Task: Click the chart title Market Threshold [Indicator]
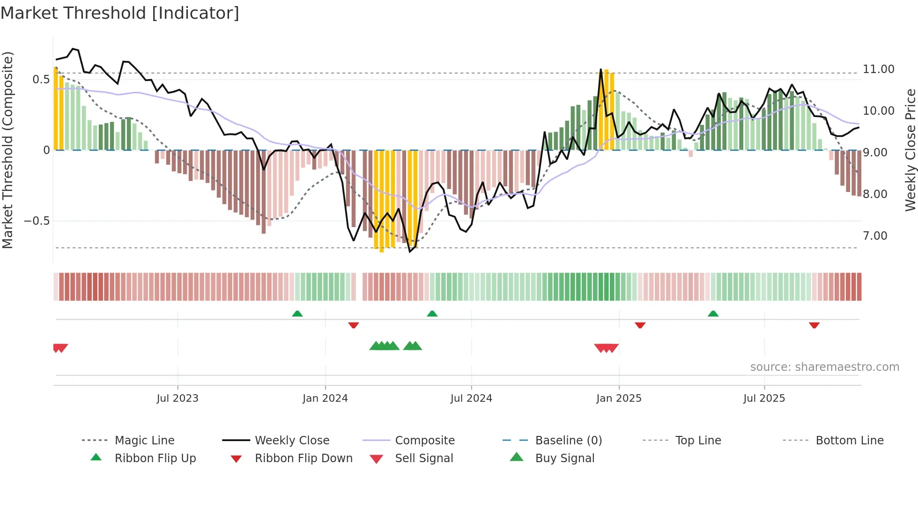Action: pyautogui.click(x=120, y=13)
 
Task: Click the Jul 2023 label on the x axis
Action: pyautogui.click(x=178, y=398)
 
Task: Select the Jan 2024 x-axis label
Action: pyautogui.click(x=325, y=398)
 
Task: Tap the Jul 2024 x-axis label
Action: pyautogui.click(x=471, y=398)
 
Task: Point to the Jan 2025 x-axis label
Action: pyautogui.click(x=619, y=398)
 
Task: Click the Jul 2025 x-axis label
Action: pyautogui.click(x=764, y=398)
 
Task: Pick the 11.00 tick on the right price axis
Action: pyautogui.click(x=879, y=69)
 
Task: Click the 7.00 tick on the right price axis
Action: pyautogui.click(x=875, y=236)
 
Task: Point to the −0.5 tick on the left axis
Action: pyautogui.click(x=37, y=221)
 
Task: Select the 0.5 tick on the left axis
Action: pyautogui.click(x=41, y=80)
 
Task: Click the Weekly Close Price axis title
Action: pyautogui.click(x=910, y=150)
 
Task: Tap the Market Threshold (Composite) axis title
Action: pyautogui.click(x=7, y=150)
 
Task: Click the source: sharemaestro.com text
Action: pyautogui.click(x=824, y=367)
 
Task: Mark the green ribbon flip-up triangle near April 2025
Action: pyautogui.click(x=713, y=314)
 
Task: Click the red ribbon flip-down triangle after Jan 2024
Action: pyautogui.click(x=354, y=325)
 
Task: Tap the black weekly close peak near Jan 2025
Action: pyautogui.click(x=601, y=70)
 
